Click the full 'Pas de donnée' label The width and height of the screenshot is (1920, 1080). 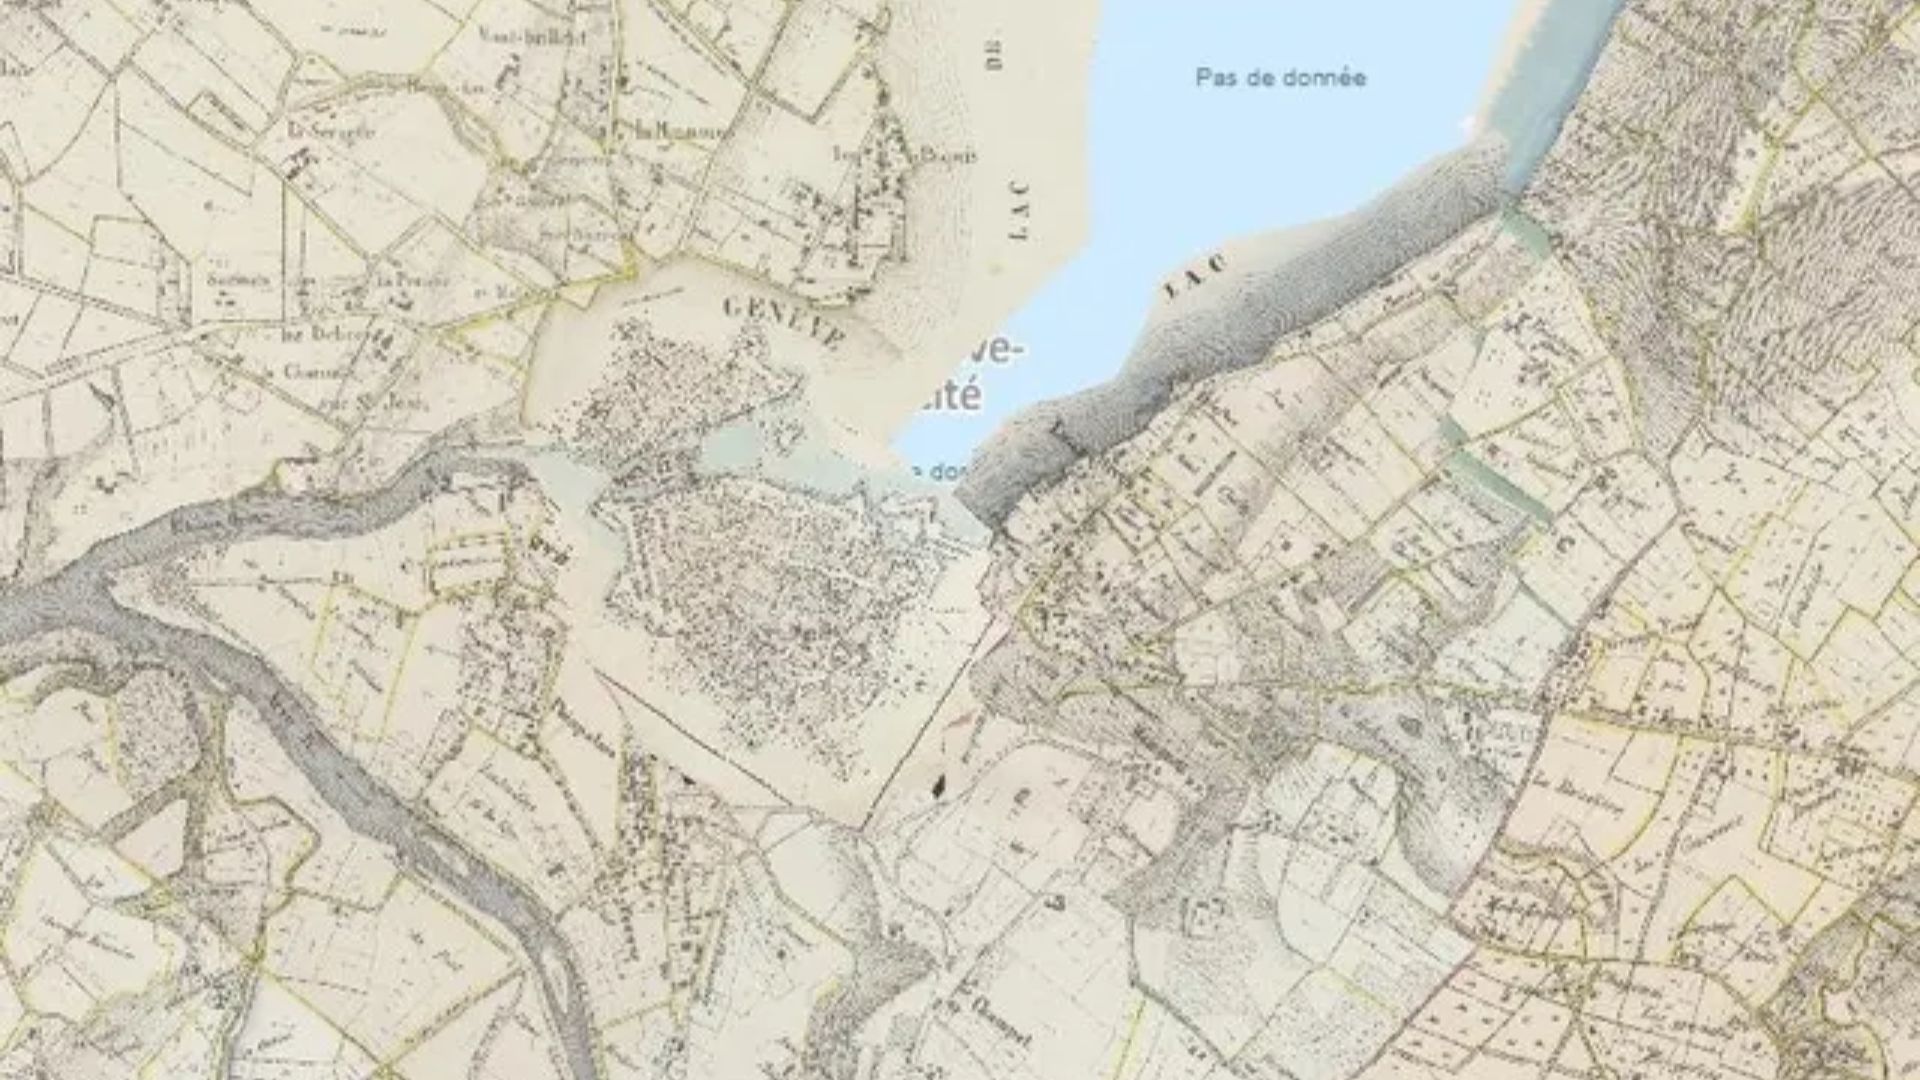[1281, 78]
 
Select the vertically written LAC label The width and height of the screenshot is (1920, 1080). [1019, 209]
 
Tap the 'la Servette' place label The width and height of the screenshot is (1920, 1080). [330, 130]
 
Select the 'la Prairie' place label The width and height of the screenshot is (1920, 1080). [411, 280]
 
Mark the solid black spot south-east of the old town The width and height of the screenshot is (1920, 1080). [938, 788]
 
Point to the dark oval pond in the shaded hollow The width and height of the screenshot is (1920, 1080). [1411, 724]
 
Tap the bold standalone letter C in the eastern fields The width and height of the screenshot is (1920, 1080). [1559, 543]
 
